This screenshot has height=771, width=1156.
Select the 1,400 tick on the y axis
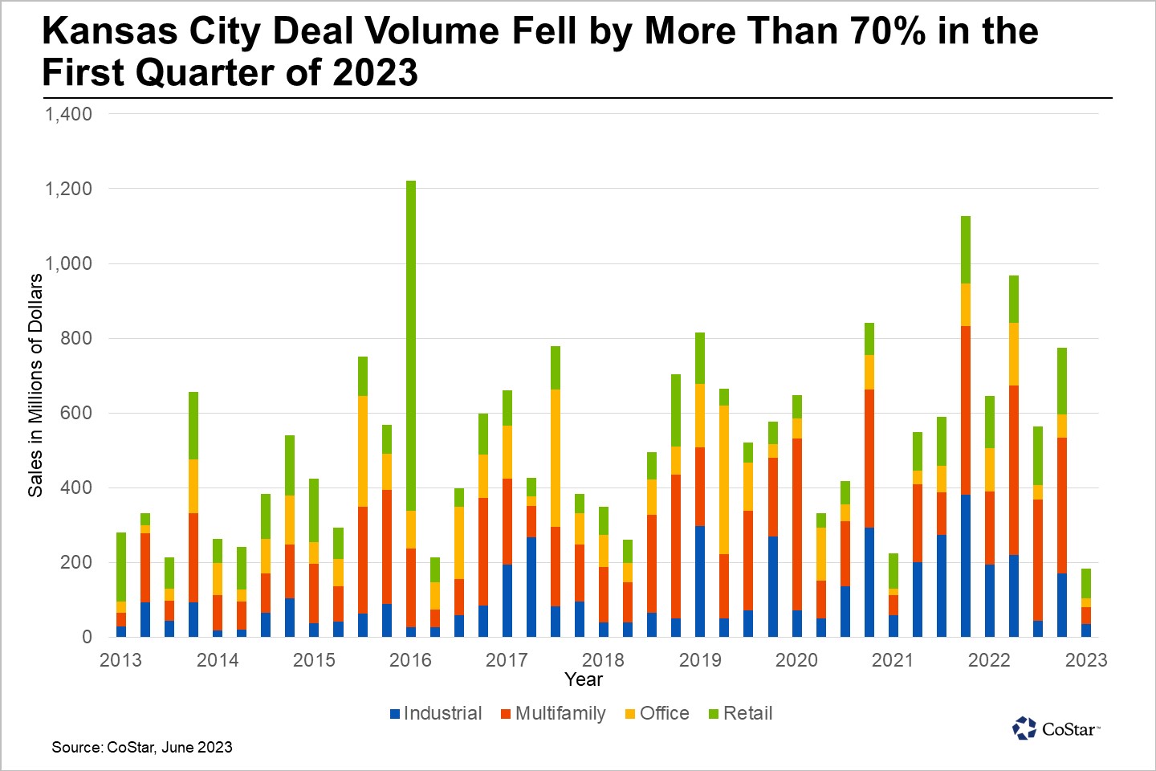[x=69, y=114]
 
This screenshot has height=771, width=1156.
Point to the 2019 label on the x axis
[x=700, y=660]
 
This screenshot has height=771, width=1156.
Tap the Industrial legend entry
[x=435, y=713]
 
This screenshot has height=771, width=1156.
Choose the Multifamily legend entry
[x=553, y=713]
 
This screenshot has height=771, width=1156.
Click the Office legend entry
[x=657, y=713]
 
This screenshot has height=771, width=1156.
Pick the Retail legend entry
[x=740, y=713]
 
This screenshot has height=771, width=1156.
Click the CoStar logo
[x=1056, y=728]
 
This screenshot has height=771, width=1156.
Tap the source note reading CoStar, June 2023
[x=142, y=747]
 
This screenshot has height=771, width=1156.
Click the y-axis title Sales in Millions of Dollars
[x=35, y=385]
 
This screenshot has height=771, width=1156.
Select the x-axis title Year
[x=583, y=679]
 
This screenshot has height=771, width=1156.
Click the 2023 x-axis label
[x=1085, y=660]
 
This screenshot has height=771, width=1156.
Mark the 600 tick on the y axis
[x=77, y=413]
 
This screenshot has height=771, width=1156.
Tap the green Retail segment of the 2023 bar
[x=1086, y=583]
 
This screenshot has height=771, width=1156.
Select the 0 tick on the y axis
[x=87, y=637]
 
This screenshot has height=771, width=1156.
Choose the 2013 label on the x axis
[x=120, y=660]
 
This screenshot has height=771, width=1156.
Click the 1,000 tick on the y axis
[x=69, y=263]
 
